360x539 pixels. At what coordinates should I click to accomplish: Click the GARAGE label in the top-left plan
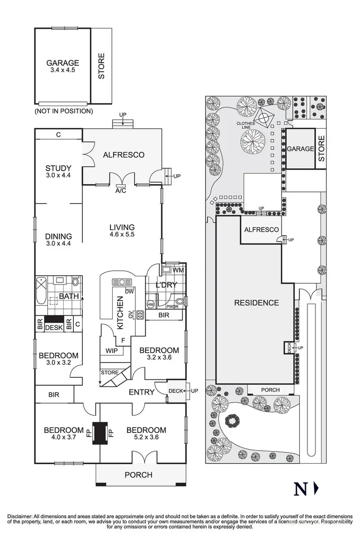63,64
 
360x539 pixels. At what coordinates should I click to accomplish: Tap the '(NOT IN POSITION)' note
64,111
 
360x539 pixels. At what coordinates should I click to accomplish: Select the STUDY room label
58,169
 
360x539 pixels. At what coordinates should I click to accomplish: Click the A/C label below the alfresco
121,191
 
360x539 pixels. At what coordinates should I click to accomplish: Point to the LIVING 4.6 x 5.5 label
121,227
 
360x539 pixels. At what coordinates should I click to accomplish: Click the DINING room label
58,236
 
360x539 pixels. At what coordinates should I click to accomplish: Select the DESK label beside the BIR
54,328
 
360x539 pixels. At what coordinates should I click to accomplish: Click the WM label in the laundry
180,270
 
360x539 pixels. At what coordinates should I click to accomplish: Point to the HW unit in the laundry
151,304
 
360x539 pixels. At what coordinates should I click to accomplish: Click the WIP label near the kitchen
112,350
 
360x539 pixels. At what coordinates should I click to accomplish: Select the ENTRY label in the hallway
142,392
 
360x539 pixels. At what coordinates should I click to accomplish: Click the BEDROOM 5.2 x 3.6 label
146,430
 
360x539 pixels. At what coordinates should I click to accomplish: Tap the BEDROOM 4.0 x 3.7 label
63,430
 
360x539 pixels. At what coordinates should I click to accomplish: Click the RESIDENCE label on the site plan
256,303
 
